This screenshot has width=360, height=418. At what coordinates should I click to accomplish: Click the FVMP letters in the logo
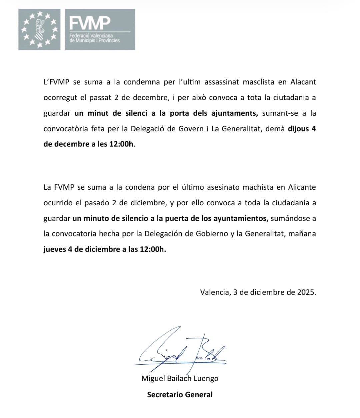90,23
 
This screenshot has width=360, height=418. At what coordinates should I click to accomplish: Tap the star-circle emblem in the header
39,29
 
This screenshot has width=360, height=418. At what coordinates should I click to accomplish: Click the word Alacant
303,82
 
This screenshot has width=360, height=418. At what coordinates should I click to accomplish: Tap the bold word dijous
298,129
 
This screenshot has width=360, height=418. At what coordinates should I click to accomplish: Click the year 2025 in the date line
306,292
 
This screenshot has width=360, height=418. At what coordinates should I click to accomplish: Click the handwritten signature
180,352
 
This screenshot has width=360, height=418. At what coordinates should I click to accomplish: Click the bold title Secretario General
180,395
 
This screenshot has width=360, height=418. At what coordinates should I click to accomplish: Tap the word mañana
302,234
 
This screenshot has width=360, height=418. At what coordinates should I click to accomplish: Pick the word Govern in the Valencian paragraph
191,129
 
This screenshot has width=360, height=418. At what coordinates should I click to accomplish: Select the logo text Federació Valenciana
91,36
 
